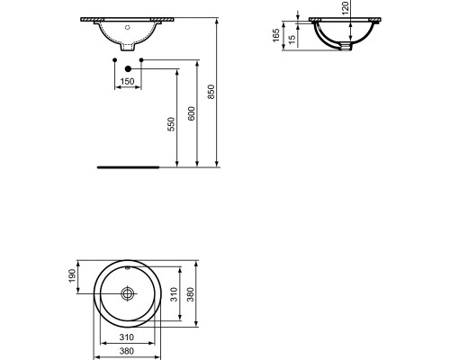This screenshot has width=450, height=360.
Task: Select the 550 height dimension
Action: click(171, 124)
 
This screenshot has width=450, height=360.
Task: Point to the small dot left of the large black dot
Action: click(114, 60)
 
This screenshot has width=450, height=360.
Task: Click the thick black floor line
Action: click(129, 166)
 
